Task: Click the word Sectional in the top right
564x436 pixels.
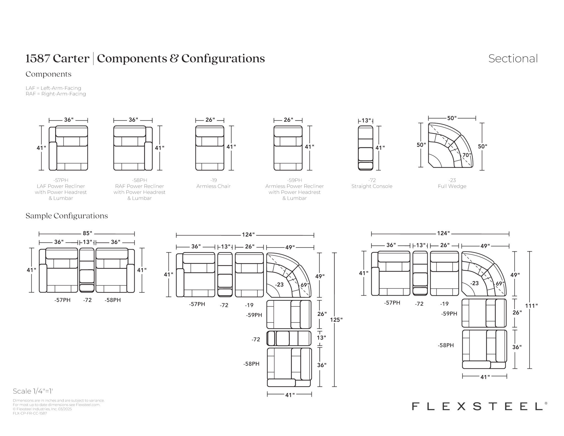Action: point(513,58)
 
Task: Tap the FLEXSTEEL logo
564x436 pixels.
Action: point(479,406)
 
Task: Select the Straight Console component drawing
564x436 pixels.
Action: point(365,148)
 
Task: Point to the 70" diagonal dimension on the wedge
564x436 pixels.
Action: point(466,155)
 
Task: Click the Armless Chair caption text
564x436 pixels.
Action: point(213,186)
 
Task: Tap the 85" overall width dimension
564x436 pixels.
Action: point(87,233)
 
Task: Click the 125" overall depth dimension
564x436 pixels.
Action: point(336,320)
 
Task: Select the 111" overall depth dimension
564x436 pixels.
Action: point(531,305)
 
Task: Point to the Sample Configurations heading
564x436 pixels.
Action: point(67,216)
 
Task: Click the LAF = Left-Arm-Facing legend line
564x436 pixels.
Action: point(53,88)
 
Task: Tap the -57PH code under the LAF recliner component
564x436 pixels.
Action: point(61,180)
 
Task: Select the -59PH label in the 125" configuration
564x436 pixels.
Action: point(254,315)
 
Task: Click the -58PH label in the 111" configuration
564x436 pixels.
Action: point(446,345)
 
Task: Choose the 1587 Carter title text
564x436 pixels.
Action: point(58,58)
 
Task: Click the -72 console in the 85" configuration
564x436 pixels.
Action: point(87,270)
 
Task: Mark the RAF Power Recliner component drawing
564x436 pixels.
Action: point(133,148)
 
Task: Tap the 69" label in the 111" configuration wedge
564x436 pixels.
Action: point(500,283)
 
